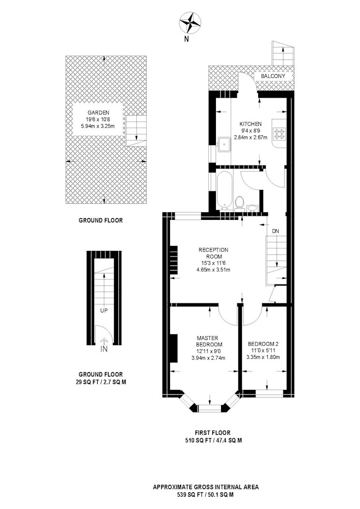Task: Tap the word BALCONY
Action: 273,76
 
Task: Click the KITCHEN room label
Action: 251,124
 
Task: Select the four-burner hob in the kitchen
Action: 279,134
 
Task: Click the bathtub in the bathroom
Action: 225,190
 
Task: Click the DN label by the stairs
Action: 275,231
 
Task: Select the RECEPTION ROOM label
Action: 213,253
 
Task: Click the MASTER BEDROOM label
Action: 209,341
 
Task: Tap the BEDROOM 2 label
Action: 263,344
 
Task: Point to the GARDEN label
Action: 98,112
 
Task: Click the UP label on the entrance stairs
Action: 104,310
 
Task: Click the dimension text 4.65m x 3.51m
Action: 213,269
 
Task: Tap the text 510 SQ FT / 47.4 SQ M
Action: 213,440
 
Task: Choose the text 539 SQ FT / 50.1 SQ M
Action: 206,495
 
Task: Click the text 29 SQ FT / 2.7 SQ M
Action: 101,382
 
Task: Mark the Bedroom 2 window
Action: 269,393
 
